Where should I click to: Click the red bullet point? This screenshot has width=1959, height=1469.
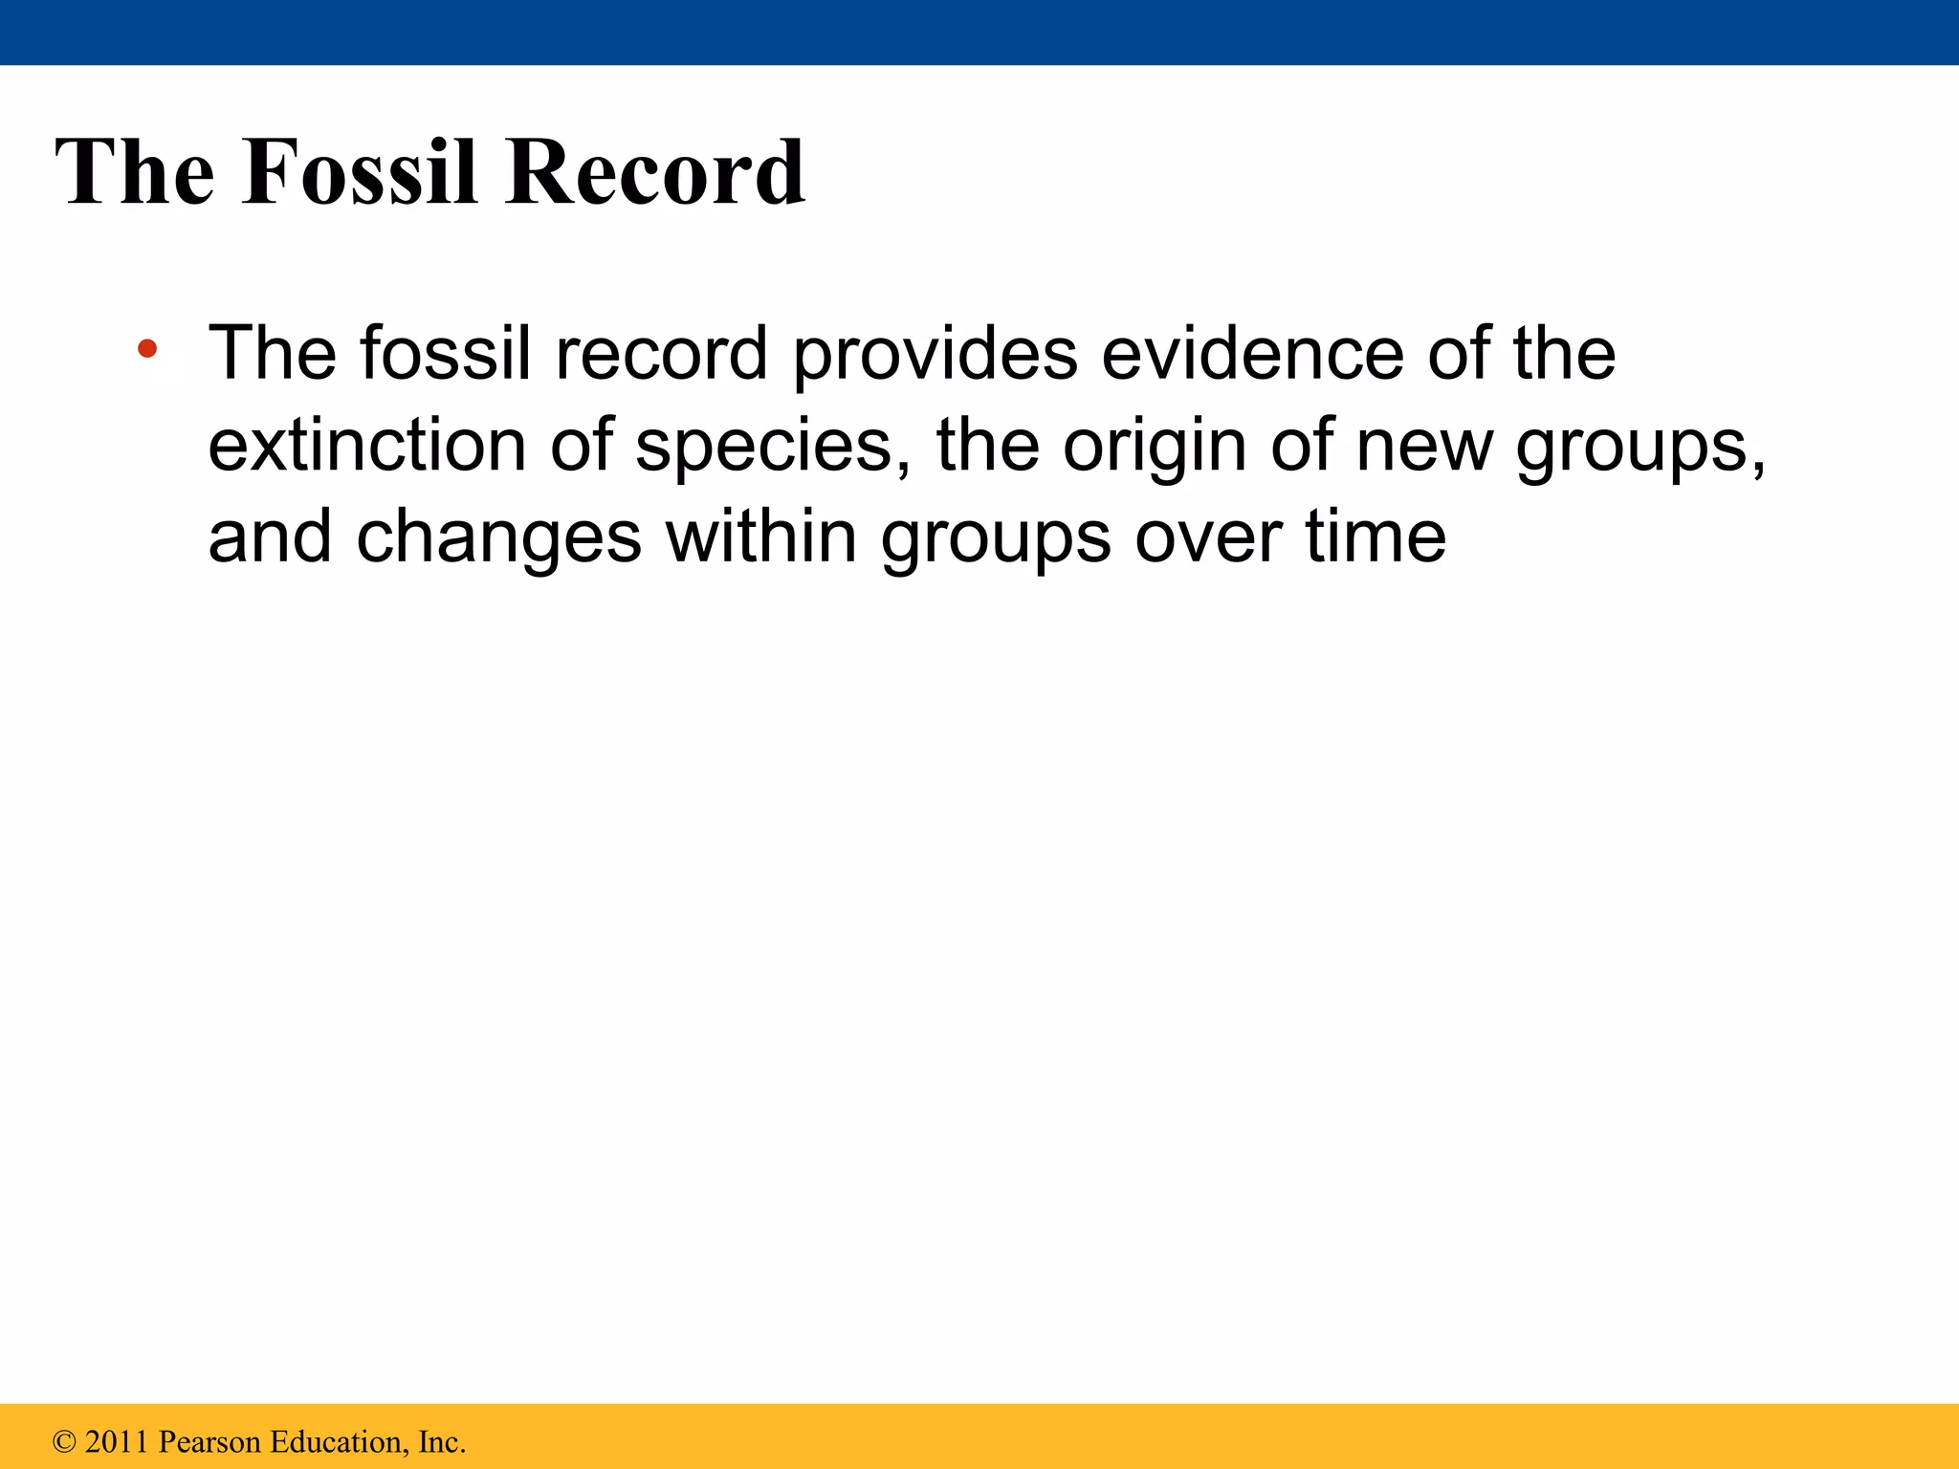tap(147, 349)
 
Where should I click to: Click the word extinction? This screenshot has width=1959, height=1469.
tap(366, 446)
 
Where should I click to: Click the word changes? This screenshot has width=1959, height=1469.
tap(498, 537)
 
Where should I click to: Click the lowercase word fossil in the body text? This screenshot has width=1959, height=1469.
tap(445, 354)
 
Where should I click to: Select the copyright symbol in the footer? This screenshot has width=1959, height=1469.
tap(64, 1442)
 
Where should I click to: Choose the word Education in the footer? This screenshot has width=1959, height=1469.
tap(338, 1442)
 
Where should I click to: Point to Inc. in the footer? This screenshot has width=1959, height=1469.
tap(441, 1442)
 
